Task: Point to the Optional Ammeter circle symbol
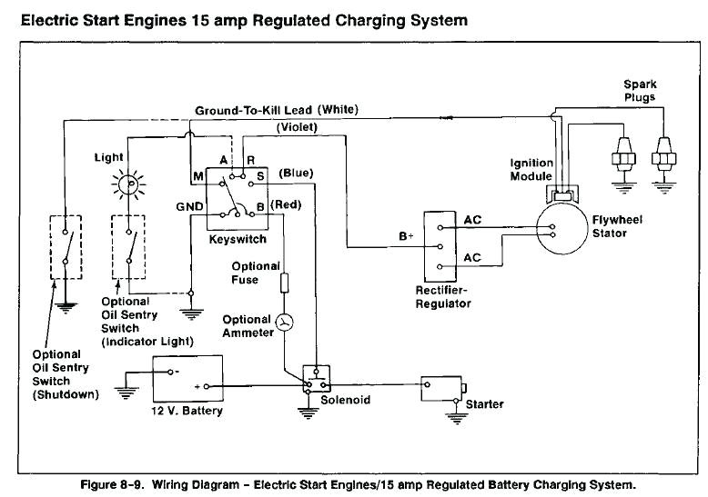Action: [285, 323]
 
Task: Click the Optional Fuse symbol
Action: [285, 282]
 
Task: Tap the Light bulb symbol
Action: [128, 184]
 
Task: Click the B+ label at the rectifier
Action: [406, 237]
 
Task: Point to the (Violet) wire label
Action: [297, 127]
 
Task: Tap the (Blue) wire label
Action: [297, 172]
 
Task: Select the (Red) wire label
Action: [286, 206]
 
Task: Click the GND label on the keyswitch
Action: [188, 207]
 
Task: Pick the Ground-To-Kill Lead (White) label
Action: [277, 110]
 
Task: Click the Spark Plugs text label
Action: [640, 90]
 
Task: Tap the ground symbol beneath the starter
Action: [453, 419]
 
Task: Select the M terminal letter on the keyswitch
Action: [197, 174]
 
